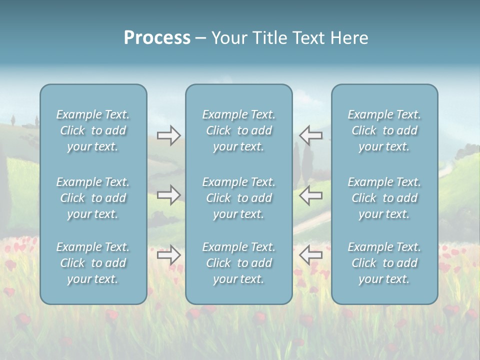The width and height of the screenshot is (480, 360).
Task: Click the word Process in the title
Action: (157, 38)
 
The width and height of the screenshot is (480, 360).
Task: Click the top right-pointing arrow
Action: (168, 135)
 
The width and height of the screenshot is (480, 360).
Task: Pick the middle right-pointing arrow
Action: (168, 195)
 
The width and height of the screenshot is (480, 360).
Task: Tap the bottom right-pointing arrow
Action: (168, 255)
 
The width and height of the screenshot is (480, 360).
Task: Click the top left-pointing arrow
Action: (311, 135)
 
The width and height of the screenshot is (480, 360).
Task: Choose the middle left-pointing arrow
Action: (311, 195)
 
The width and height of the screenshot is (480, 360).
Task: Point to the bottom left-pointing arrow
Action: (311, 255)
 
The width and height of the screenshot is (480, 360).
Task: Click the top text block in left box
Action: (93, 130)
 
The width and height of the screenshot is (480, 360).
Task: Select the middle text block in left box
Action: (93, 198)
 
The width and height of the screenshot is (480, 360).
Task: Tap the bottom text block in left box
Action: (93, 263)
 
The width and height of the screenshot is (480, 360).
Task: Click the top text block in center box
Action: (238, 130)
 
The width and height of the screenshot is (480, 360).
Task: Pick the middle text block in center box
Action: (238, 198)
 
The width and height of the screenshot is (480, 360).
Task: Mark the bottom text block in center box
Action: (238, 263)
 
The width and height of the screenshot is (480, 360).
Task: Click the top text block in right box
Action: (384, 130)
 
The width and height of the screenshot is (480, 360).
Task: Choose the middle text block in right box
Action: (384, 198)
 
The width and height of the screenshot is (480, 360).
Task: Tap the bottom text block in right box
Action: (384, 263)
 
